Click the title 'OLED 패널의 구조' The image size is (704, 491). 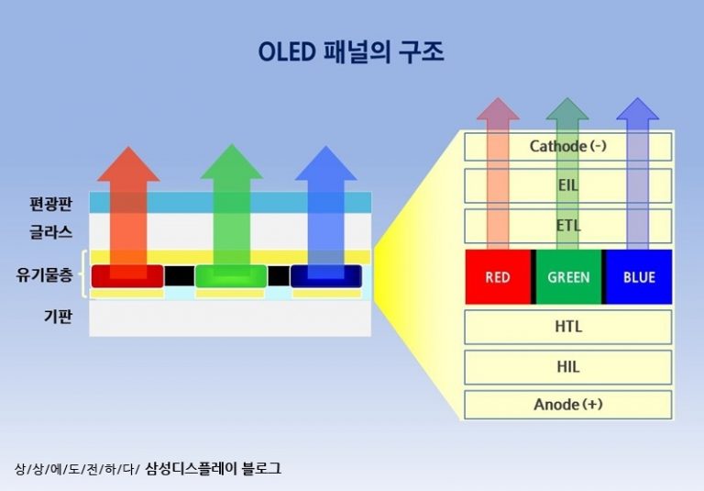coord(352,52)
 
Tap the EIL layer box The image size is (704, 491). coord(568,185)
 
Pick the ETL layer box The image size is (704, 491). coord(568,226)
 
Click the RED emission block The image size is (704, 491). coord(498,277)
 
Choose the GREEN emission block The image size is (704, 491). coord(568,277)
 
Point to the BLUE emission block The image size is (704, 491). coord(639,277)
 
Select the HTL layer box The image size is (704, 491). coord(568,327)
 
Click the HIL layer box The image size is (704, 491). coord(568,367)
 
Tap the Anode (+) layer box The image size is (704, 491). coord(568,405)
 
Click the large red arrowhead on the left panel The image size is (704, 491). coord(127,165)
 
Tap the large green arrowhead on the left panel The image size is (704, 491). coord(231,165)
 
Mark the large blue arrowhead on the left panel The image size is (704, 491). coord(325,165)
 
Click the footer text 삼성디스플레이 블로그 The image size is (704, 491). coord(213,468)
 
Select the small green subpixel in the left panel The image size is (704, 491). coord(230,275)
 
